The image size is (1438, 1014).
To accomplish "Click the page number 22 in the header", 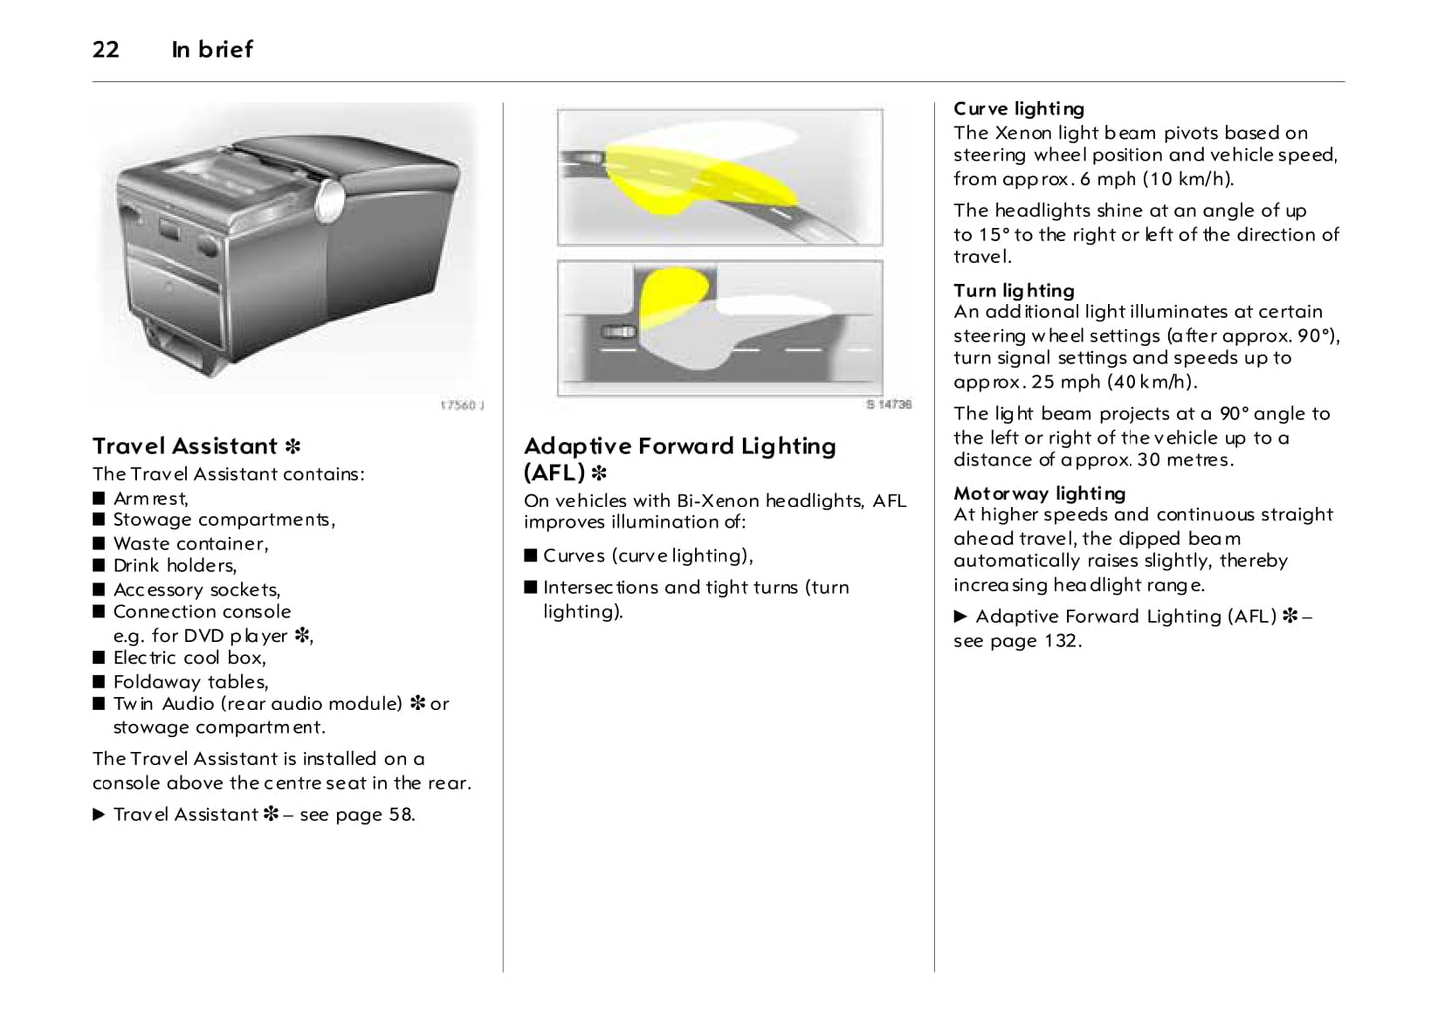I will click(x=105, y=49).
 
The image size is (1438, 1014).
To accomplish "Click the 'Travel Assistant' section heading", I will click(x=184, y=446).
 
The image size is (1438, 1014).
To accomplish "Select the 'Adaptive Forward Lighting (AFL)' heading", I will click(x=680, y=458).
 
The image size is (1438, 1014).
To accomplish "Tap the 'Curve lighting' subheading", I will click(x=1018, y=109).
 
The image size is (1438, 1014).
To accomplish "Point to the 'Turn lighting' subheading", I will click(x=1013, y=290).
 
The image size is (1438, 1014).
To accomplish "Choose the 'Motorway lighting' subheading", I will click(x=1039, y=493).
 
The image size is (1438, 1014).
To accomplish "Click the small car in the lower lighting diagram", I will click(x=617, y=332).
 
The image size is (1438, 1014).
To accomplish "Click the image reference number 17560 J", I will click(x=461, y=406).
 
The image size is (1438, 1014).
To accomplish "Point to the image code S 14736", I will click(x=887, y=405).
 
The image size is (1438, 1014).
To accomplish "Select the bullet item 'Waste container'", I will click(x=190, y=543).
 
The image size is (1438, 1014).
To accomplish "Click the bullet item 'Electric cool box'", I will click(x=189, y=657).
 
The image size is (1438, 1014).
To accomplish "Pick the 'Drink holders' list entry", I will click(x=174, y=565).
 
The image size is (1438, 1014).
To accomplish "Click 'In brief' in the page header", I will click(x=212, y=49).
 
